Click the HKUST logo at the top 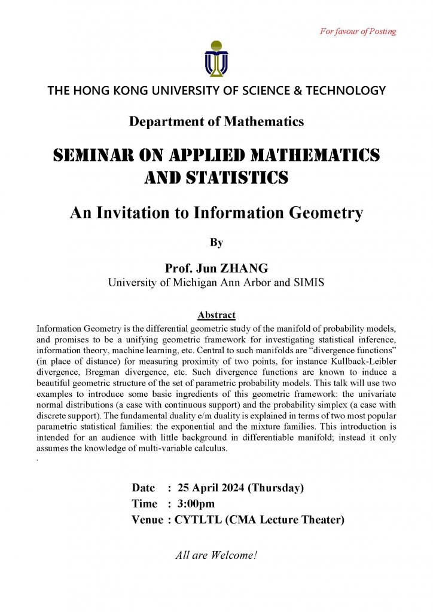tap(216, 59)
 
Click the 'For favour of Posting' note tap(358, 31)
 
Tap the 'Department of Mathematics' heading tap(216, 121)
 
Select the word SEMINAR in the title tap(86, 155)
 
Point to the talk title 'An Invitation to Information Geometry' tap(216, 213)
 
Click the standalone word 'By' tap(216, 242)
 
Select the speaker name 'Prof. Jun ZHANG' tap(216, 269)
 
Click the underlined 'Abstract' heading tap(216, 315)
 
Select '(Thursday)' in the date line tap(276, 487)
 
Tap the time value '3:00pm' tap(196, 504)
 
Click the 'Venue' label tap(147, 520)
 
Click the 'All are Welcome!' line tap(216, 555)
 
